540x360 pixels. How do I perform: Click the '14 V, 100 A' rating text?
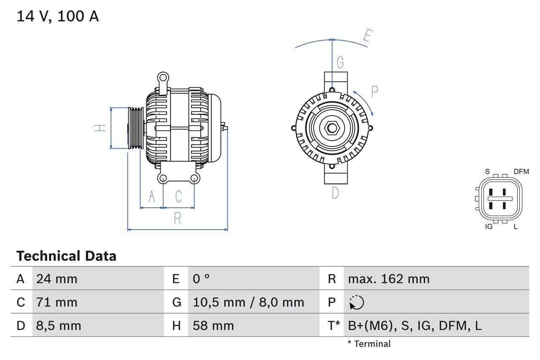58,16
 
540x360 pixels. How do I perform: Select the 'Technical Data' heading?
66,256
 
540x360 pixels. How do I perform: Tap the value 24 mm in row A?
57,279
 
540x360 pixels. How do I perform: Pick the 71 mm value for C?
57,302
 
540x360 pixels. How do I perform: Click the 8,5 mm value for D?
59,325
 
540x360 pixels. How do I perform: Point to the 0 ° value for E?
201,279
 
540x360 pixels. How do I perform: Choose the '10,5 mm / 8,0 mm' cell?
248,302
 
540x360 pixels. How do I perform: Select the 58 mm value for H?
213,325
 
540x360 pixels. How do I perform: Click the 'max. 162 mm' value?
389,279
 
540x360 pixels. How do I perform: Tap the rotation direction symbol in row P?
356,302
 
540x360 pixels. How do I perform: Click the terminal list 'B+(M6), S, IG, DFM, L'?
414,325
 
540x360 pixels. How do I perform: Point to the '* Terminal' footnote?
369,344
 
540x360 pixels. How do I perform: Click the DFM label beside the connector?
521,171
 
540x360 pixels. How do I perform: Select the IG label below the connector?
489,227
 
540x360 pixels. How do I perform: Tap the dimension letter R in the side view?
178,219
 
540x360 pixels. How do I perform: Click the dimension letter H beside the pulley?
100,127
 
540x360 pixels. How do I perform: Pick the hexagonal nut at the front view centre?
332,128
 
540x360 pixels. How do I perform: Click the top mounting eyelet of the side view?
163,78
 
